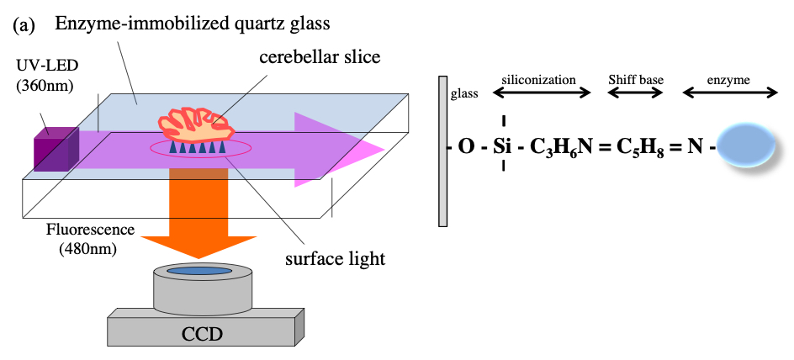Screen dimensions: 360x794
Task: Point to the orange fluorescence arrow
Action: click(x=200, y=210)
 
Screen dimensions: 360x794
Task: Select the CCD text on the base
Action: click(x=203, y=334)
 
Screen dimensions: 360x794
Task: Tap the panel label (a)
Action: click(x=24, y=24)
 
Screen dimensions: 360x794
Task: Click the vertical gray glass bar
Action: click(x=442, y=151)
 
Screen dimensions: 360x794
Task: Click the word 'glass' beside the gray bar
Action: click(x=463, y=94)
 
